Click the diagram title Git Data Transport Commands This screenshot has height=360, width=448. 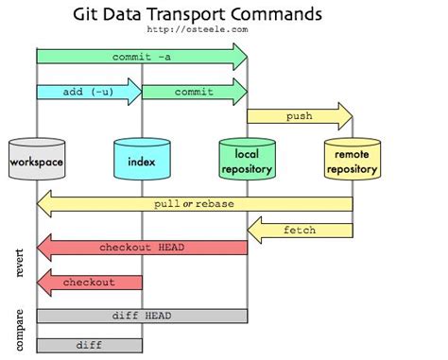pos(197,15)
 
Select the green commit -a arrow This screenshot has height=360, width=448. pos(142,57)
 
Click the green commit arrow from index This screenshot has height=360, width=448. pos(194,92)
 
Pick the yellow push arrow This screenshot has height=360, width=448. pos(299,117)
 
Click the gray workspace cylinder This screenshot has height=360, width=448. pos(37,162)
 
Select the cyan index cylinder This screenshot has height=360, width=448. pos(142,162)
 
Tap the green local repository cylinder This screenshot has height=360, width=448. pos(247,162)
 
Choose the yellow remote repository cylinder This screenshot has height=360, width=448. pos(352,162)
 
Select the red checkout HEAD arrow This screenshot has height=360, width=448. pos(142,248)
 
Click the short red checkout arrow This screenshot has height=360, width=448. pos(89,282)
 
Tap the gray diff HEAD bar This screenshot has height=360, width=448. pos(142,316)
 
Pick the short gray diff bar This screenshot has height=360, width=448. pos(89,345)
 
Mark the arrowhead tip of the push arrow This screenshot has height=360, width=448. pos(352,117)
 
